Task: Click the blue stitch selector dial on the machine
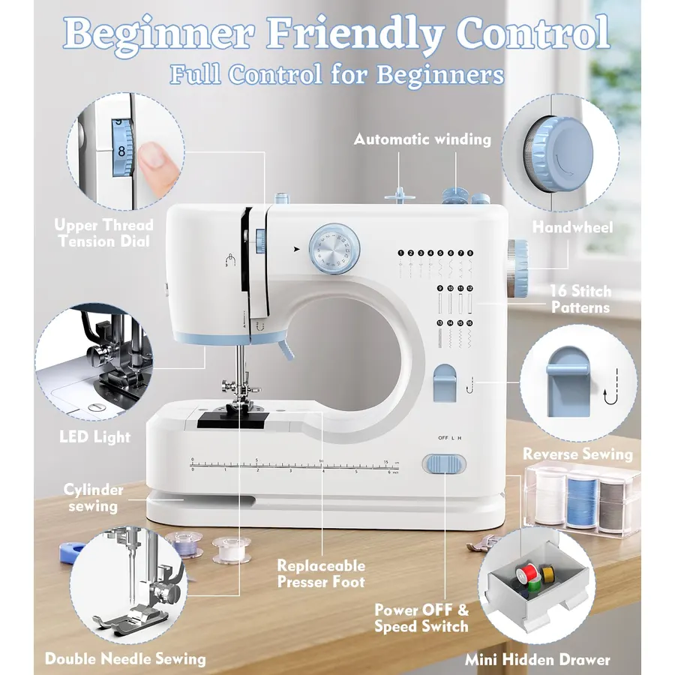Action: [334, 249]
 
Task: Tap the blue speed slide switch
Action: [444, 464]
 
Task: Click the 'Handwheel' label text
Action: [572, 226]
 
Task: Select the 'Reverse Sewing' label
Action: [577, 454]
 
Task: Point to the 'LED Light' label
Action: [94, 436]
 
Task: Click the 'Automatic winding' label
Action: [422, 139]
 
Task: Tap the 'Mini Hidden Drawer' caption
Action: [538, 659]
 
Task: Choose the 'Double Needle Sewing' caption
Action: [125, 658]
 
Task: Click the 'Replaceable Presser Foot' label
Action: [321, 574]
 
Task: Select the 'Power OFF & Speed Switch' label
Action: [421, 618]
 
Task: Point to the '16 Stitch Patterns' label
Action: [580, 298]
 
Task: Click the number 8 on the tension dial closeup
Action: [121, 151]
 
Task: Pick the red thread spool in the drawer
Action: [526, 574]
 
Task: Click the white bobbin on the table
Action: [231, 549]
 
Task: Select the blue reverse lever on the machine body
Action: [445, 382]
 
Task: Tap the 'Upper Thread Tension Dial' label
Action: [104, 232]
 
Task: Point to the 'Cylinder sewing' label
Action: [94, 498]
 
